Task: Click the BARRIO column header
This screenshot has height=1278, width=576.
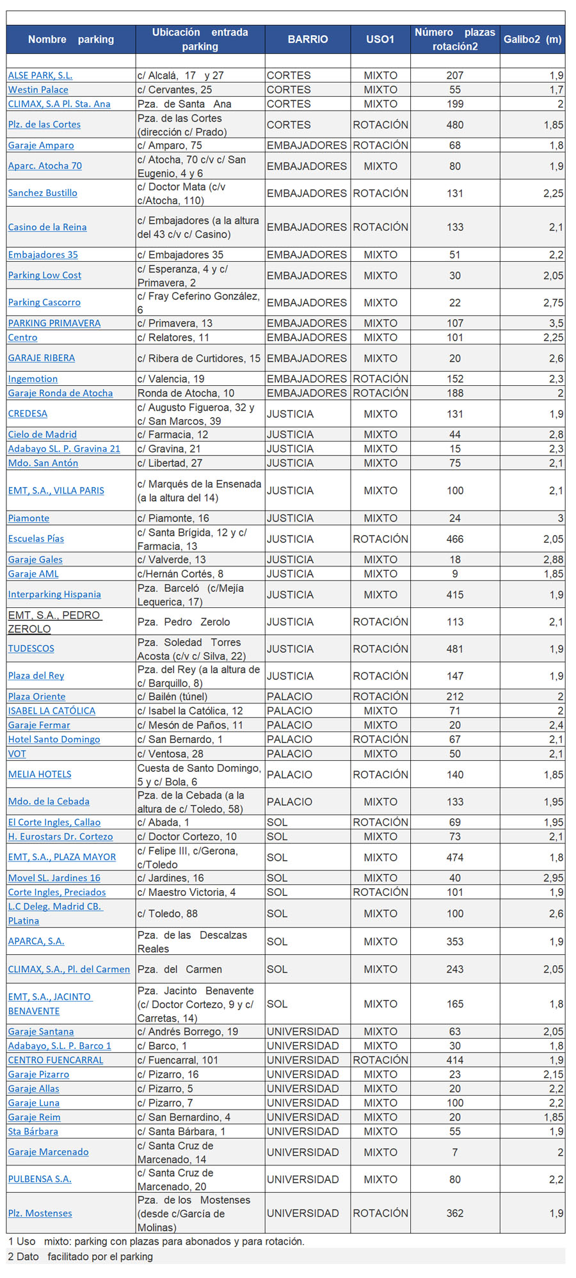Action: tap(307, 39)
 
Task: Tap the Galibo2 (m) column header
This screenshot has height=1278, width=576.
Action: tap(532, 39)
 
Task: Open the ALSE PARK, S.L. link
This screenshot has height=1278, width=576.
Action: tap(40, 76)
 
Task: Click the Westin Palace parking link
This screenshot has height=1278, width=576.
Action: tap(38, 90)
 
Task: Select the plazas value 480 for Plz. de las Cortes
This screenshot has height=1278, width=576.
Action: tap(454, 125)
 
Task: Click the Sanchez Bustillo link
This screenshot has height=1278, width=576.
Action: tap(43, 193)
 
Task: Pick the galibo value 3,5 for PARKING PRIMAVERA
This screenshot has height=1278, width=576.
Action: tap(556, 323)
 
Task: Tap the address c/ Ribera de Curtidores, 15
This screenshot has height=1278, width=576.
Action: tap(199, 358)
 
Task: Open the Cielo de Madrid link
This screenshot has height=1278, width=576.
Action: tap(42, 435)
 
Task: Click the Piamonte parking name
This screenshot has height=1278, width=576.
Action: tap(29, 518)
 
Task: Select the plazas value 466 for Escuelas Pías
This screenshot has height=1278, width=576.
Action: tap(454, 539)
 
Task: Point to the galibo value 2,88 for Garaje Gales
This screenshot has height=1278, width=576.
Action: tap(553, 559)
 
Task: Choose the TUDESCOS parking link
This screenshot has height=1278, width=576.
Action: tap(31, 648)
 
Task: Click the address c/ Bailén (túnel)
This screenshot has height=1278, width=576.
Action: tap(173, 696)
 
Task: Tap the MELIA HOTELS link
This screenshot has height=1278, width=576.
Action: tap(40, 774)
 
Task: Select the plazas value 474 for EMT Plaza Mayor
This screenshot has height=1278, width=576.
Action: tap(454, 858)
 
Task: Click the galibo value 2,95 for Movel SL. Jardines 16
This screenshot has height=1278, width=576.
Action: tap(553, 878)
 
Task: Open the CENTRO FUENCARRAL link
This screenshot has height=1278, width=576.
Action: tap(56, 1060)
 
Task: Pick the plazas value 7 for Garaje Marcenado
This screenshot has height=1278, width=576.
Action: tap(454, 1152)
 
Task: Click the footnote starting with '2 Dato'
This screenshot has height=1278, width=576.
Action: tap(81, 1256)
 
